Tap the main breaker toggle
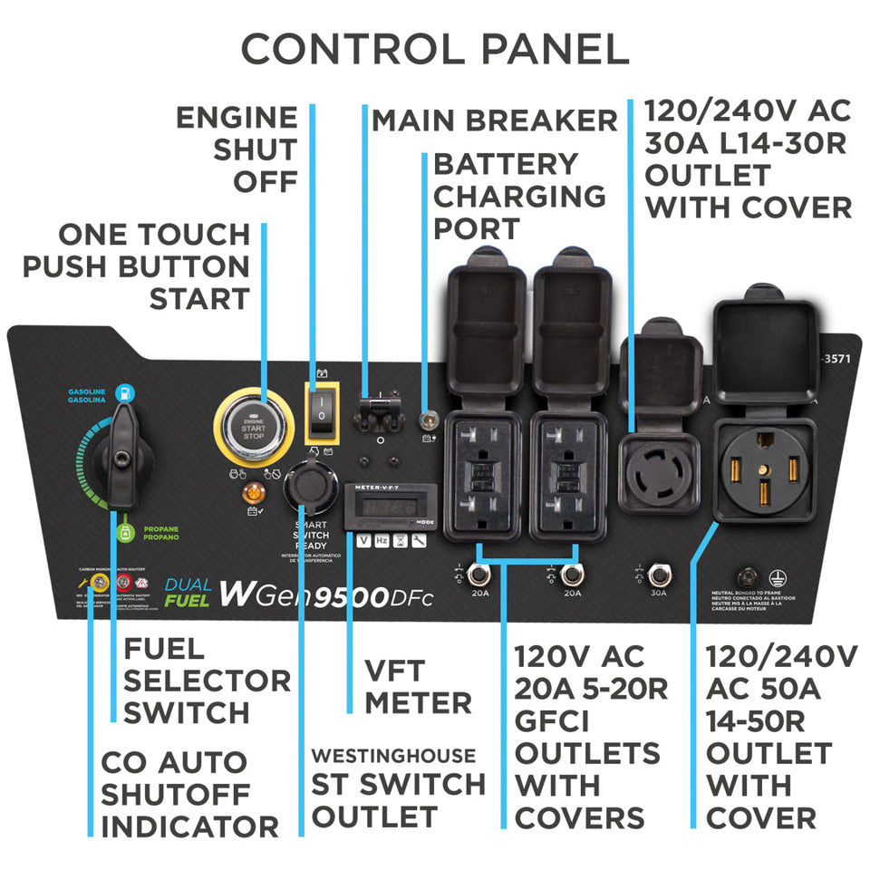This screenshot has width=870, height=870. click(379, 412)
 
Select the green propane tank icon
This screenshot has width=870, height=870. click(124, 532)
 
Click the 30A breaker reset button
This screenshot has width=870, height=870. click(659, 574)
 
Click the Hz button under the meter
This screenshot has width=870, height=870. click(382, 541)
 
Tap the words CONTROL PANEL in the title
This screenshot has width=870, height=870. click(435, 49)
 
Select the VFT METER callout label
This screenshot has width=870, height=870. click(418, 686)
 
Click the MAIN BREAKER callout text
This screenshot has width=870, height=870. click(494, 120)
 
